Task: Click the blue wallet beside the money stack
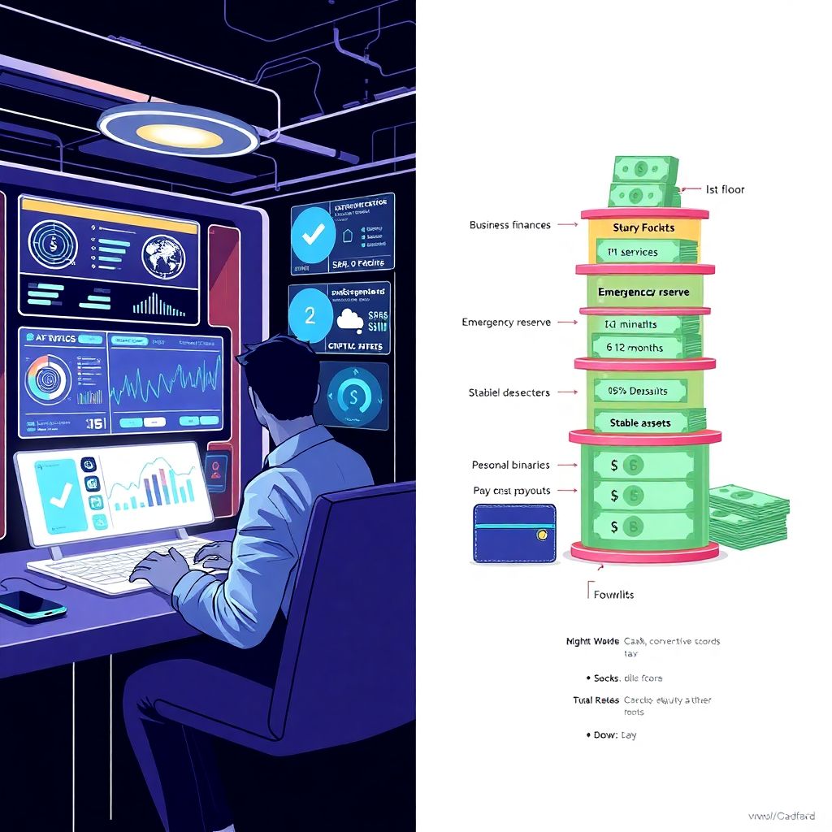(x=514, y=533)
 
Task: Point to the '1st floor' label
(x=725, y=189)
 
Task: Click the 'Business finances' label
(x=509, y=225)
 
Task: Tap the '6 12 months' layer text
(x=634, y=348)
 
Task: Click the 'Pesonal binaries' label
(x=510, y=465)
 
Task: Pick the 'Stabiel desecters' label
(x=509, y=392)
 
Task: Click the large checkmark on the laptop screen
(x=58, y=492)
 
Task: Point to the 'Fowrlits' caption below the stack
(x=613, y=594)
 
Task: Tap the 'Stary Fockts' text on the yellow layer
(x=643, y=227)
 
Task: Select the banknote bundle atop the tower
(x=644, y=182)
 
